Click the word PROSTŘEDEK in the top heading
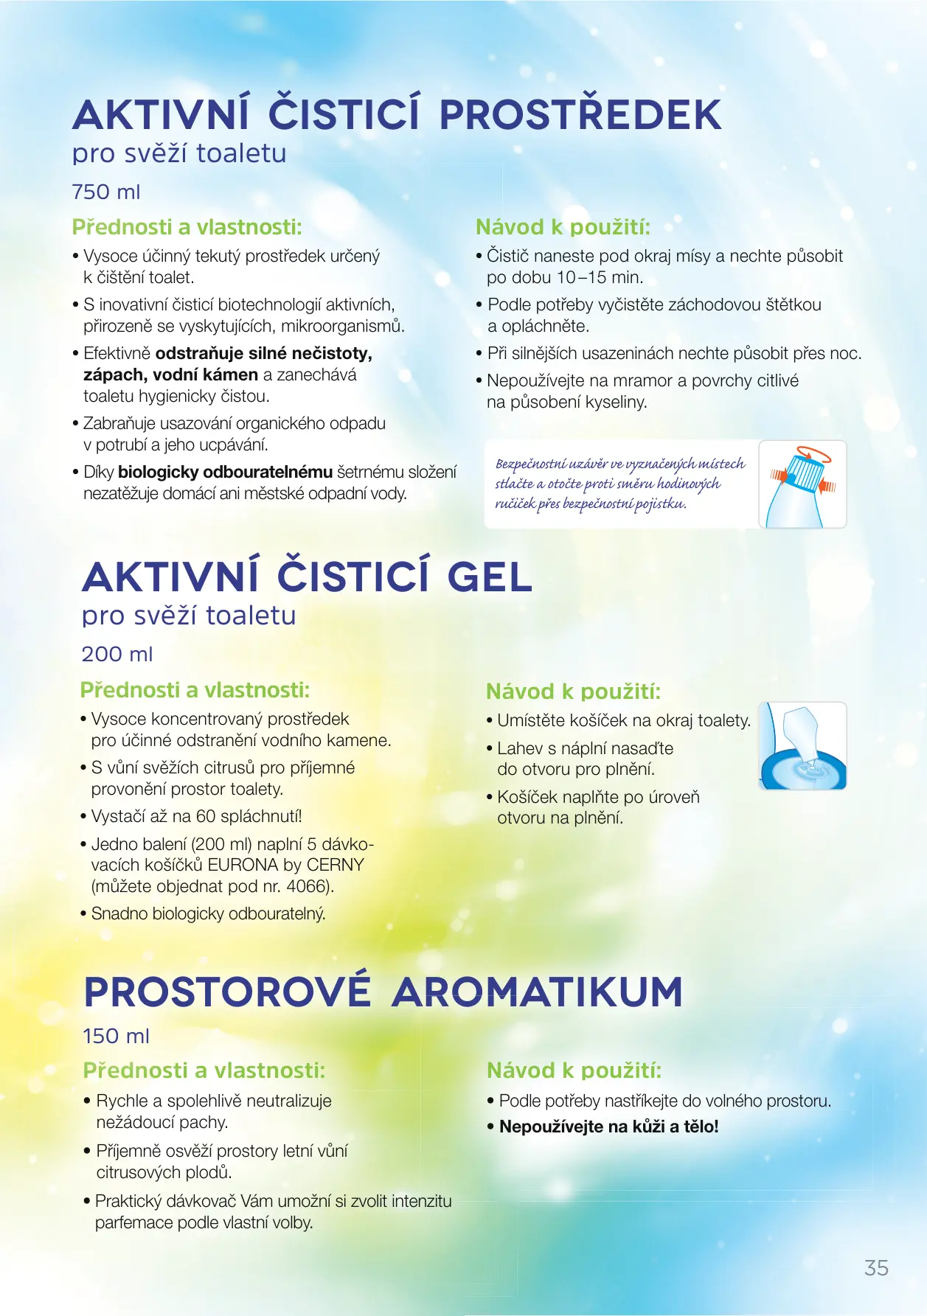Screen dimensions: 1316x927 580,115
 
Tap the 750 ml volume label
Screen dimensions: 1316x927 106,192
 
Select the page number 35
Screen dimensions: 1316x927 876,1268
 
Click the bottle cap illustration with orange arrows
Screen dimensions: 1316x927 802,484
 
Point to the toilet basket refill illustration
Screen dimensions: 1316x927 802,745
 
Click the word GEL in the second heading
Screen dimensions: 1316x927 490,577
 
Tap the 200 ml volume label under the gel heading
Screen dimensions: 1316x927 117,655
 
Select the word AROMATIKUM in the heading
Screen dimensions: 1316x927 537,992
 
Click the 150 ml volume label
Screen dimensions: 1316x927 116,1037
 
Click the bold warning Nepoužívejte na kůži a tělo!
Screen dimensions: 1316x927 608,1127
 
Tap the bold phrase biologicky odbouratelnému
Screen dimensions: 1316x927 225,472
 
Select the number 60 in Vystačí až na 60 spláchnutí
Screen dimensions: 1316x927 206,816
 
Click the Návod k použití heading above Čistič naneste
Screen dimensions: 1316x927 563,227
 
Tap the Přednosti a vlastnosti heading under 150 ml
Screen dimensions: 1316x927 204,1070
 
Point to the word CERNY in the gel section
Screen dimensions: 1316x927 336,865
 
